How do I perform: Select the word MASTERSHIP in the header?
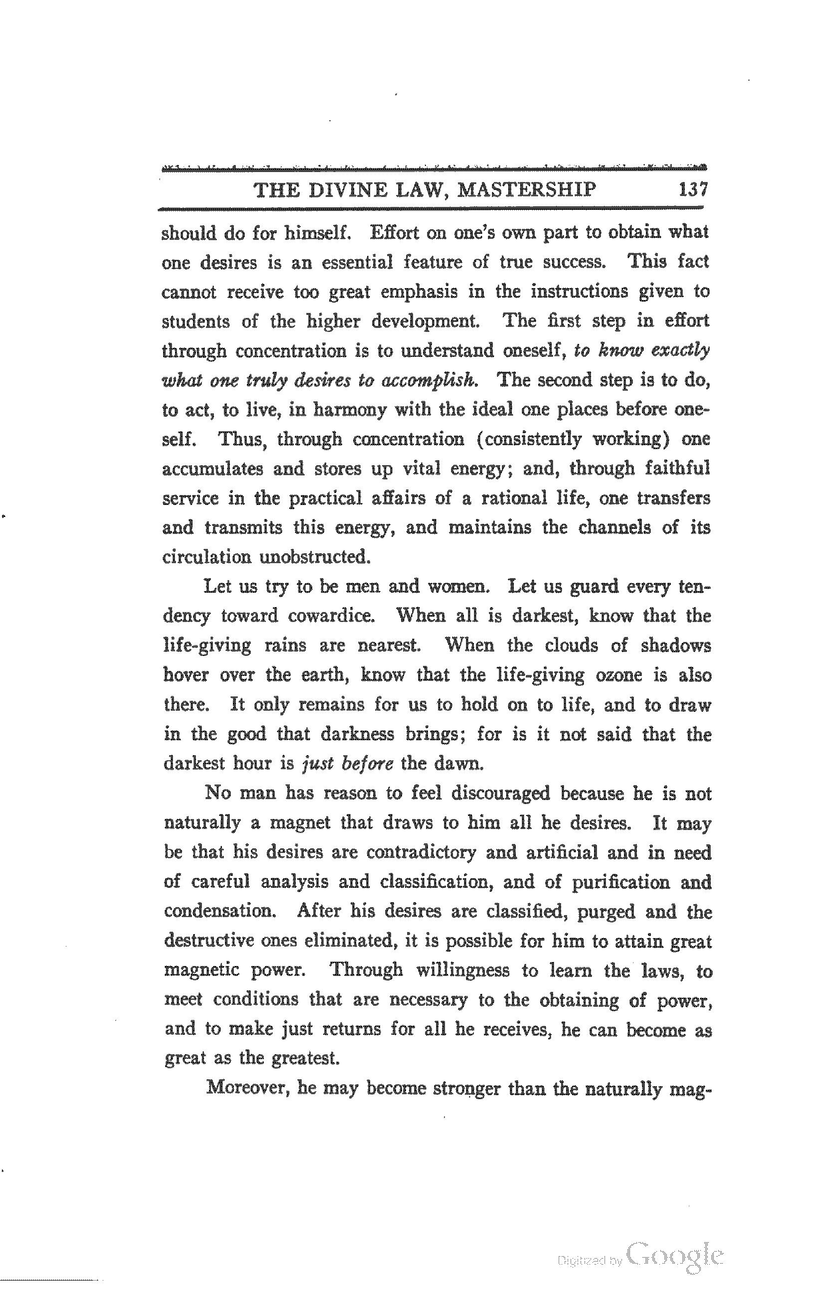[x=526, y=190]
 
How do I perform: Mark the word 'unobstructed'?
[x=315, y=557]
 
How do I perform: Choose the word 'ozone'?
[x=619, y=675]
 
